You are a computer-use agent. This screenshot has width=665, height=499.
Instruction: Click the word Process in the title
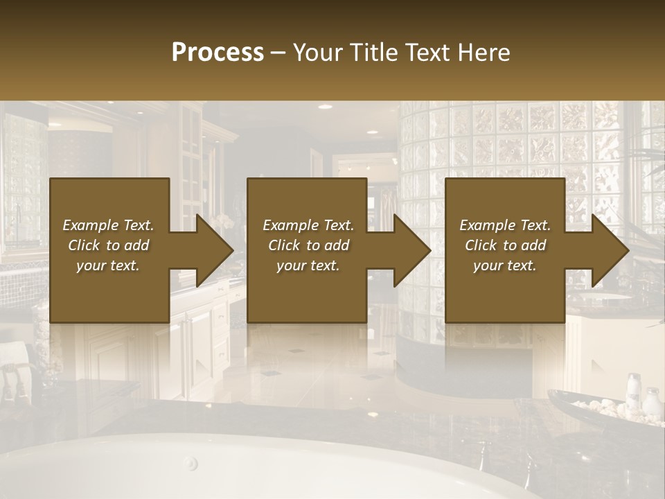point(218,53)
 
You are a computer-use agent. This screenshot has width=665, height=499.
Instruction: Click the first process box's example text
point(108,245)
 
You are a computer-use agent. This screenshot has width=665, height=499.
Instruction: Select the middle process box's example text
point(308,245)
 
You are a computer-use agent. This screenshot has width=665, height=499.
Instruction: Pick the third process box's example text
point(505,245)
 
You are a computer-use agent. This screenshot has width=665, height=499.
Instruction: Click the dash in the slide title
point(278,53)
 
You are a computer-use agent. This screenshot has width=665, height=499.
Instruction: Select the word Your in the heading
point(317,53)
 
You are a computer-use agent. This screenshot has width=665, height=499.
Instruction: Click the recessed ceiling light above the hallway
point(373,132)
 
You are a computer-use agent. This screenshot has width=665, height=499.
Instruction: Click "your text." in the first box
point(108,265)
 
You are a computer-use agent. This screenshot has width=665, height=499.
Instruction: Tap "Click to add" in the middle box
point(308,245)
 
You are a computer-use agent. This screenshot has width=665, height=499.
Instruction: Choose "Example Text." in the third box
point(505,225)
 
